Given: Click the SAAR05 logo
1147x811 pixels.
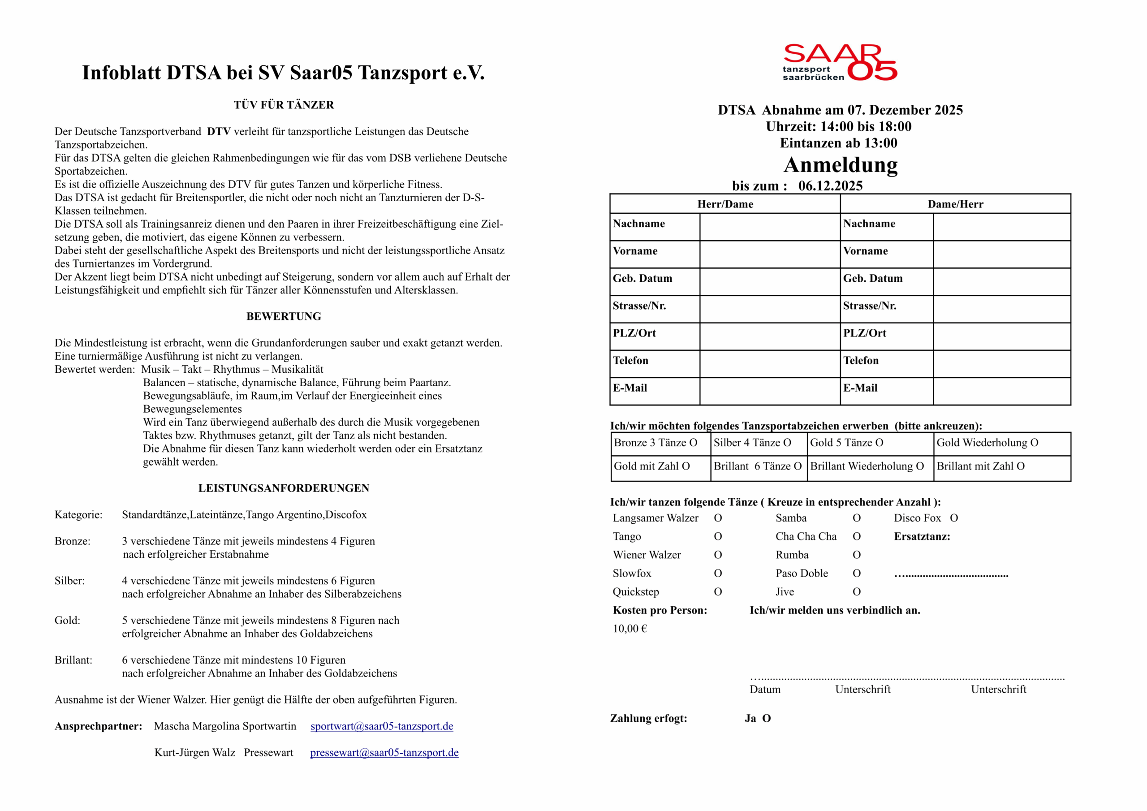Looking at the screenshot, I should pos(839,62).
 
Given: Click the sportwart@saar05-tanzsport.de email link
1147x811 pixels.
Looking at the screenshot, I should pos(382,726).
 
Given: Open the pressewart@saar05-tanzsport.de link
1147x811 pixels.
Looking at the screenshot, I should pos(384,753).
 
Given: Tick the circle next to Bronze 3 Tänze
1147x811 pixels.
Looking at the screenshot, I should pos(693,443).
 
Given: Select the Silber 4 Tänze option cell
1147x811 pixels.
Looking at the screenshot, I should pos(759,443).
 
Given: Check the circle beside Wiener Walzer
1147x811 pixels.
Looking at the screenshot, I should pos(718,555).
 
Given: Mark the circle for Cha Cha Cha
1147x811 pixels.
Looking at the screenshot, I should pos(857,537).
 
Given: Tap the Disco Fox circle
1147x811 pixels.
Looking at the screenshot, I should pos(954,518).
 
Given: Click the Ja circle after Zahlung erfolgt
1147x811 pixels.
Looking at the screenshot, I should pos(766,719).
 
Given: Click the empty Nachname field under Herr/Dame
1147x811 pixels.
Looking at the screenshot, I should pos(769,227).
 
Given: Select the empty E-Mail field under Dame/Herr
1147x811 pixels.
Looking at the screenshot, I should pos(1002,391).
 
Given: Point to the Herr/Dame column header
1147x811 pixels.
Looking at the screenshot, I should pos(725,204).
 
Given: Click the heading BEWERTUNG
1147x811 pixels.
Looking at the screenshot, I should pos(284,316).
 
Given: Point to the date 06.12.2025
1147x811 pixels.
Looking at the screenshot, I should pos(830,186).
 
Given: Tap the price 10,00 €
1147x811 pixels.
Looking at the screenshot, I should pos(630,629).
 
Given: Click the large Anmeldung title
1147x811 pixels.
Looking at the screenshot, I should pos(840,165).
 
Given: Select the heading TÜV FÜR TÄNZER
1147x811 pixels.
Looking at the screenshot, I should pos(284,105).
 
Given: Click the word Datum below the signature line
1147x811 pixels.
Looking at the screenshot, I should pos(765,690).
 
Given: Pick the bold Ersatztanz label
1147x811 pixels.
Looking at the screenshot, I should pos(922,537).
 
